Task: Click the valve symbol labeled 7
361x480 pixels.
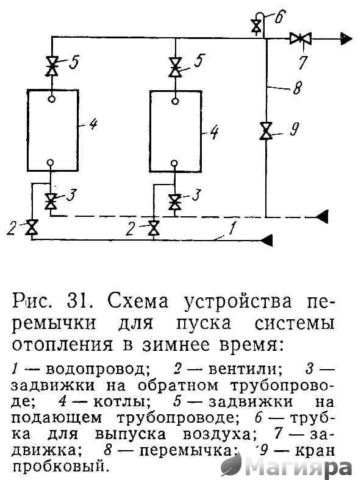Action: pyautogui.click(x=301, y=38)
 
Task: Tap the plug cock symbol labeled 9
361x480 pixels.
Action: pyautogui.click(x=266, y=131)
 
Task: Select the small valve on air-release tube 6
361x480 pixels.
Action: pyautogui.click(x=255, y=26)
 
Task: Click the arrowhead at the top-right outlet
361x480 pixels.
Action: pyautogui.click(x=346, y=38)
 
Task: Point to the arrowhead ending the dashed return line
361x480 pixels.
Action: pyautogui.click(x=322, y=217)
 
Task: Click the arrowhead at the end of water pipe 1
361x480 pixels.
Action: pyautogui.click(x=266, y=240)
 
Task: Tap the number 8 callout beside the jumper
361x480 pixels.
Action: pyautogui.click(x=297, y=88)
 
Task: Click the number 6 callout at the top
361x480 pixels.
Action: pyautogui.click(x=280, y=17)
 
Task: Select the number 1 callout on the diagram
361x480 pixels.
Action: pyautogui.click(x=232, y=228)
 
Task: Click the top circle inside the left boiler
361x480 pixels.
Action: pyautogui.click(x=52, y=99)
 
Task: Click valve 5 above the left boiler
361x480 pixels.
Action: pyautogui.click(x=52, y=66)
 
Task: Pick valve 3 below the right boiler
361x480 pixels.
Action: pyautogui.click(x=174, y=202)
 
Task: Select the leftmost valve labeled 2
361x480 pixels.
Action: pyautogui.click(x=31, y=227)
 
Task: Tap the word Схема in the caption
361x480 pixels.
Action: pyautogui.click(x=138, y=302)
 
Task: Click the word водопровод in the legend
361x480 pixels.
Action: pyautogui.click(x=98, y=370)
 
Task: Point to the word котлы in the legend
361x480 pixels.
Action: pyautogui.click(x=116, y=401)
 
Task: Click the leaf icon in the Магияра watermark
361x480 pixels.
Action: pyautogui.click(x=231, y=465)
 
